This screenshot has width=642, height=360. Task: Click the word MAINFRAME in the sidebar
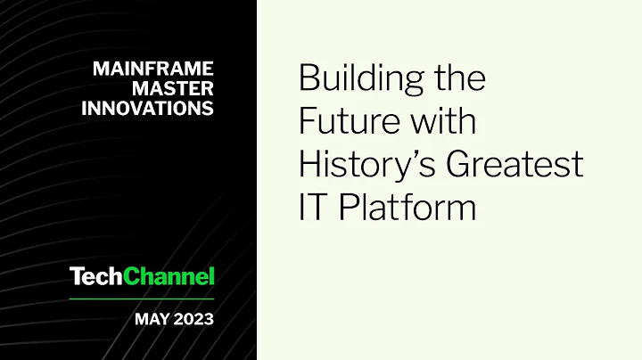click(x=152, y=68)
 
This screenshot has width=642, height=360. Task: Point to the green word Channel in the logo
click(x=169, y=277)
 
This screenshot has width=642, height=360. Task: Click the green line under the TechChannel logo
click(x=143, y=299)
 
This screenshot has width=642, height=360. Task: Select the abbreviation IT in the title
click(x=311, y=208)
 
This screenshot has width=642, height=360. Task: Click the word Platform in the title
click(x=404, y=208)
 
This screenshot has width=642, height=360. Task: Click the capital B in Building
click(x=309, y=78)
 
